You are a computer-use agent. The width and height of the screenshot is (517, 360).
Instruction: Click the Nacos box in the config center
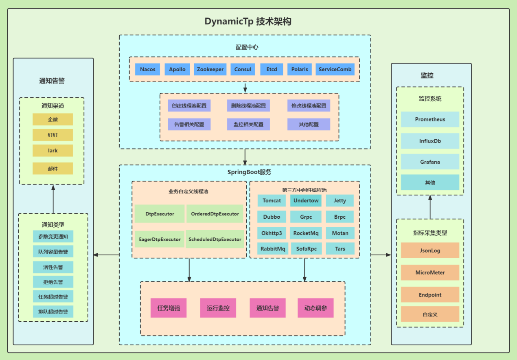click(x=148, y=69)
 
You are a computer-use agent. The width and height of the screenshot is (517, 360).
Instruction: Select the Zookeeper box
click(x=210, y=69)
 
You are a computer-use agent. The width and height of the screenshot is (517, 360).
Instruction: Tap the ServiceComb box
click(x=335, y=69)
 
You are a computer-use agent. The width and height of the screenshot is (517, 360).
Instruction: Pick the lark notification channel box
click(x=53, y=151)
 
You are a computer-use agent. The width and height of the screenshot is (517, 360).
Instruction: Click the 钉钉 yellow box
click(x=53, y=135)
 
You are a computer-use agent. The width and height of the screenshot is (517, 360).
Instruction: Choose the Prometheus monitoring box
click(x=430, y=119)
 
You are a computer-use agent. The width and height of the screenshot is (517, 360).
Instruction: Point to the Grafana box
click(x=430, y=162)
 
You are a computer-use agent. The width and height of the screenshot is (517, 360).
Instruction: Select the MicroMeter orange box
click(x=430, y=272)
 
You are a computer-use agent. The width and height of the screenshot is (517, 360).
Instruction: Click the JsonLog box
click(x=430, y=250)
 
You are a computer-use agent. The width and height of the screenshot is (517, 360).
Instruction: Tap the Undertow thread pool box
click(x=306, y=200)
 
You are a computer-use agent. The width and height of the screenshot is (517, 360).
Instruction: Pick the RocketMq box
click(x=306, y=233)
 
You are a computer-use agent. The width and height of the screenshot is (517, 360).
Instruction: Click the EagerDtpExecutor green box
click(x=160, y=239)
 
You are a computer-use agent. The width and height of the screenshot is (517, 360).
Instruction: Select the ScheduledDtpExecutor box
click(x=215, y=239)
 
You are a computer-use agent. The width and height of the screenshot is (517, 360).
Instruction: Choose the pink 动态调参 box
click(x=315, y=308)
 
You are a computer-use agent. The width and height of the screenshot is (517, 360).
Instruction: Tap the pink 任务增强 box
click(x=169, y=308)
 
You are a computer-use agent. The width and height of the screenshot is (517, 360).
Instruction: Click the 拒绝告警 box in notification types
click(x=53, y=282)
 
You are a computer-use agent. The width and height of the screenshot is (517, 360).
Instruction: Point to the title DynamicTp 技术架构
click(x=248, y=22)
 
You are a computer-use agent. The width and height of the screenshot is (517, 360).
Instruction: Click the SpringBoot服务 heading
click(x=249, y=172)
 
